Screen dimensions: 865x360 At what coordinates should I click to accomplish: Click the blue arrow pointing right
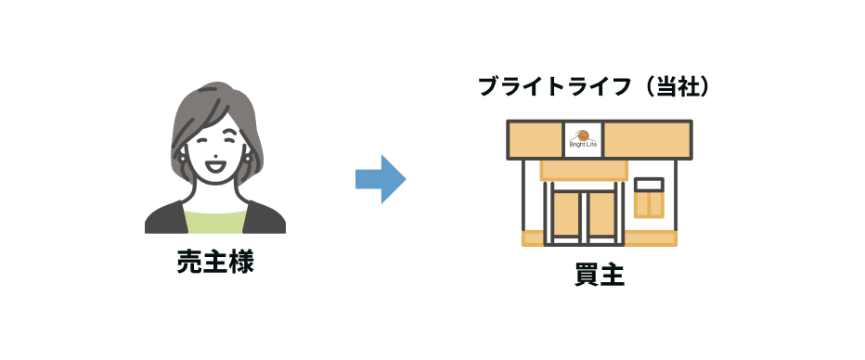(x=381, y=178)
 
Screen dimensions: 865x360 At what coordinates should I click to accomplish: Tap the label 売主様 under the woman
(x=215, y=263)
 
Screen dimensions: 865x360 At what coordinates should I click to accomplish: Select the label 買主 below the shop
(x=599, y=276)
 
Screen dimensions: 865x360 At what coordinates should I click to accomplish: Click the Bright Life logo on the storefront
(x=584, y=138)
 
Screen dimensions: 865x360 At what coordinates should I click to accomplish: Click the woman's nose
(x=215, y=156)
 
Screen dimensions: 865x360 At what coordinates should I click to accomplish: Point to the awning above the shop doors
(x=584, y=170)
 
